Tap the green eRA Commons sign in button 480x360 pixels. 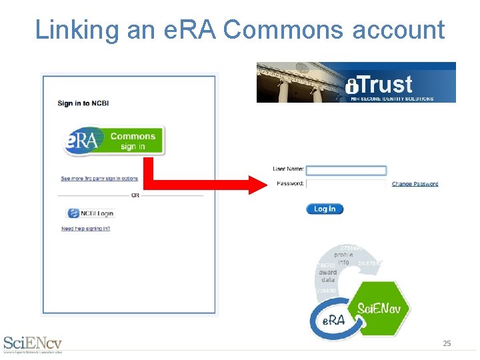pyautogui.click(x=114, y=141)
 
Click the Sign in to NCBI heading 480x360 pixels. pyautogui.click(x=84, y=103)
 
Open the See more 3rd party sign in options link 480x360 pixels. pyautogui.click(x=99, y=179)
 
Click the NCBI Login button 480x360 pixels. pyautogui.click(x=91, y=213)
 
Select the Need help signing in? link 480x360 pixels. pyautogui.click(x=85, y=229)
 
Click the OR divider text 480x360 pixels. pyautogui.click(x=135, y=195)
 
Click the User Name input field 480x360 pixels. pyautogui.click(x=346, y=171)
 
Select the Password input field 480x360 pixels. pyautogui.click(x=346, y=183)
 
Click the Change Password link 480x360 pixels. pyautogui.click(x=415, y=184)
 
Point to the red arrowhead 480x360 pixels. pyautogui.click(x=257, y=184)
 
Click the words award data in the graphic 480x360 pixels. pyautogui.click(x=328, y=276)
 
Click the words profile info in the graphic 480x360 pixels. pyautogui.click(x=344, y=259)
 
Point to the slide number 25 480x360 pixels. pyautogui.click(x=447, y=343)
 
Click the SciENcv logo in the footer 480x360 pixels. pyautogui.click(x=33, y=343)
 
